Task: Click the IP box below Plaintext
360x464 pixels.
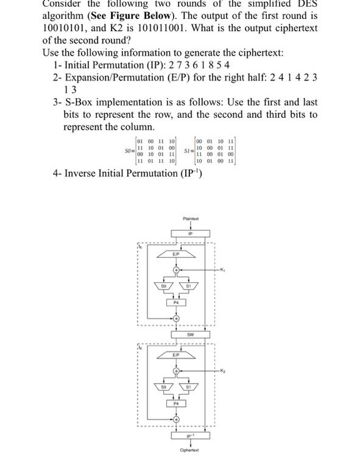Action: pyautogui.click(x=191, y=233)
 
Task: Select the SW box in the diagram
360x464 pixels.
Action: pyautogui.click(x=191, y=335)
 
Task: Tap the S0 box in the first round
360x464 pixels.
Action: pyautogui.click(x=163, y=285)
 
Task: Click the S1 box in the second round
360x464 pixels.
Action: pyautogui.click(x=189, y=387)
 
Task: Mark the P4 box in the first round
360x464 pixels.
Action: pyautogui.click(x=177, y=302)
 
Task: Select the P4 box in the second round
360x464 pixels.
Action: pyautogui.click(x=177, y=403)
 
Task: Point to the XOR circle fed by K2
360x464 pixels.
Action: pyautogui.click(x=177, y=371)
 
